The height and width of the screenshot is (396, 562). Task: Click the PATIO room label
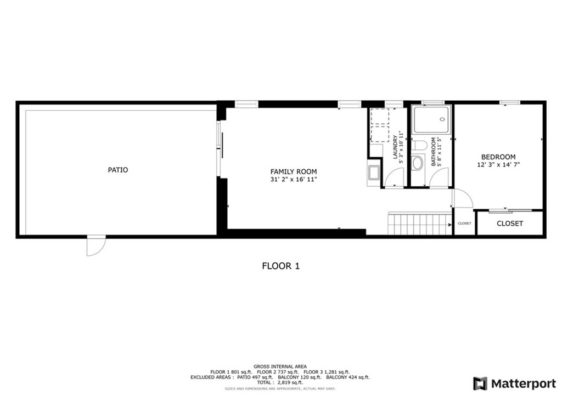118,170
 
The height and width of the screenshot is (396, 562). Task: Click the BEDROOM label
498,157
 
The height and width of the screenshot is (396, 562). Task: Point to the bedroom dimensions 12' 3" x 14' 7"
498,164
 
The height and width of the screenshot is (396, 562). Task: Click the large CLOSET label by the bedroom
510,223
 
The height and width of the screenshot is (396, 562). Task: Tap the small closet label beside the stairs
464,223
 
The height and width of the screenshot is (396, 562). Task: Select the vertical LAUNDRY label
395,147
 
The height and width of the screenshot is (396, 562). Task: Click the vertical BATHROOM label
433,152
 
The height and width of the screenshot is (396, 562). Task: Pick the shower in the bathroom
432,119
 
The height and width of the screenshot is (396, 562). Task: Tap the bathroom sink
418,163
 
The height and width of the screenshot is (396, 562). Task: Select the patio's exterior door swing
95,246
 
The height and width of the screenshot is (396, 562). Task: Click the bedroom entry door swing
461,198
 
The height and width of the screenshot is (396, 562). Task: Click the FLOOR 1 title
280,266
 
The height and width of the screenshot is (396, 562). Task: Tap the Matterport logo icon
480,383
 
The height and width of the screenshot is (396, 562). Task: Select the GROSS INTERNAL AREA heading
280,366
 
